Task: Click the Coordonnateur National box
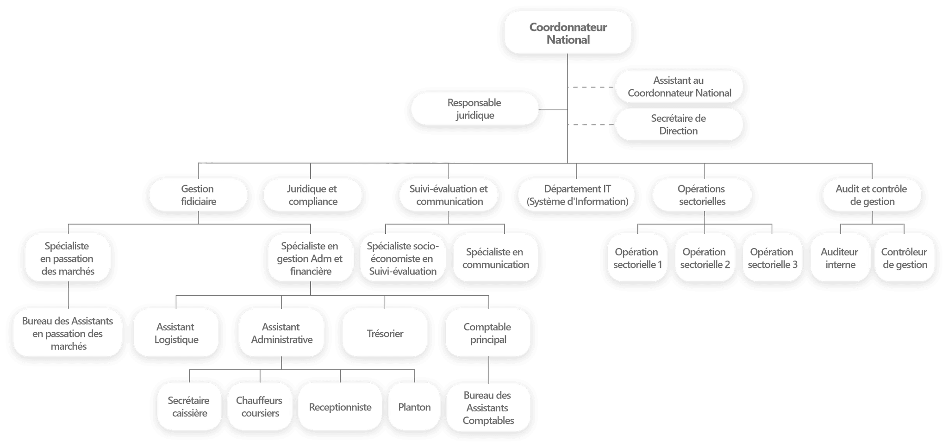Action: pyautogui.click(x=568, y=33)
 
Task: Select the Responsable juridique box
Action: pyautogui.click(x=474, y=109)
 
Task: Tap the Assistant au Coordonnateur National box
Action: pyautogui.click(x=679, y=87)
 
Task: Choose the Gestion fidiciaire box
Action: pyautogui.click(x=198, y=195)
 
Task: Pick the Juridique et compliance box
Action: pyautogui.click(x=312, y=195)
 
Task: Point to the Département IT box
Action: pyautogui.click(x=577, y=195)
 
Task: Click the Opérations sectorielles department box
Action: pyautogui.click(x=702, y=195)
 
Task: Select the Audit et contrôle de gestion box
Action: pyautogui.click(x=872, y=195)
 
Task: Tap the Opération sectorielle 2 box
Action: pyautogui.click(x=705, y=258)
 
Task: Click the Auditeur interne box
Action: pyautogui.click(x=840, y=258)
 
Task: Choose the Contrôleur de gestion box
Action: pyautogui.click(x=904, y=258)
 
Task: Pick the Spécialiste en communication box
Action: pyautogui.click(x=495, y=258)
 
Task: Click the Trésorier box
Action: pyautogui.click(x=385, y=334)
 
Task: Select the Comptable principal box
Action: pyautogui.click(x=487, y=333)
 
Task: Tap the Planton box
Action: pyautogui.click(x=414, y=407)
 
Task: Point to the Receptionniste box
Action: pyautogui.click(x=340, y=407)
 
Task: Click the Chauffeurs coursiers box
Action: pyautogui.click(x=260, y=407)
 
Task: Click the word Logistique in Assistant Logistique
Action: pyautogui.click(x=176, y=340)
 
